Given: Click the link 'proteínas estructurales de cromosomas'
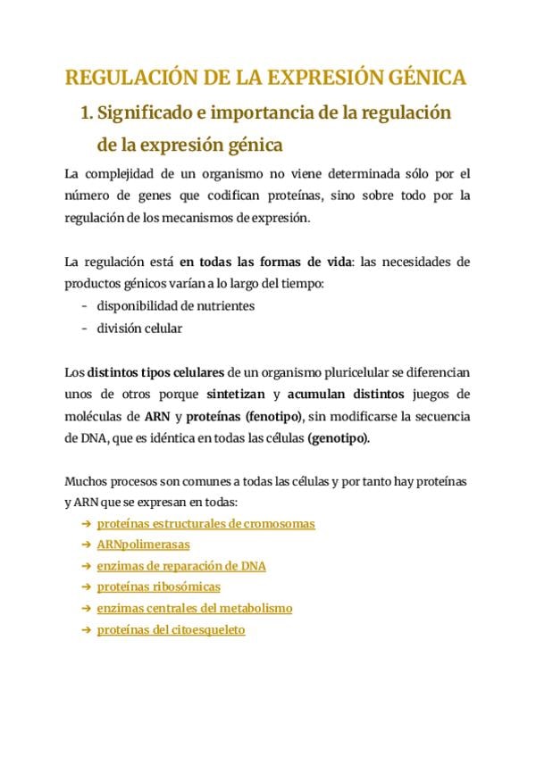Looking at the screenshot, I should (x=205, y=524).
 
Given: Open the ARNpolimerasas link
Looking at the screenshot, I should (x=143, y=545).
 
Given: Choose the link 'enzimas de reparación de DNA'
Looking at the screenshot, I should (x=181, y=566).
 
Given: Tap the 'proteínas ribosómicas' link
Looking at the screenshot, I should (x=158, y=587).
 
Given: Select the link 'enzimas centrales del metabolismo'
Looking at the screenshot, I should (x=195, y=609).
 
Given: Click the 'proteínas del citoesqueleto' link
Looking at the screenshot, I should (x=171, y=630).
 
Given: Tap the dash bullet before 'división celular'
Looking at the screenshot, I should (x=85, y=329).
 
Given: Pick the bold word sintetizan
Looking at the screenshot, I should (x=237, y=395).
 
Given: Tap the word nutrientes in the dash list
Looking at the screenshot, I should (x=222, y=306).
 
